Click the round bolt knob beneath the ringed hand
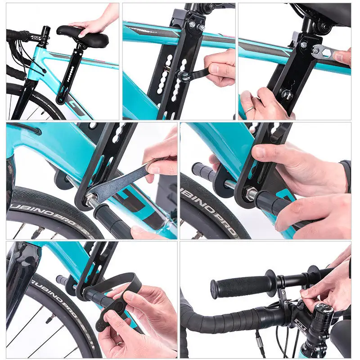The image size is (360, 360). (x=284, y=95)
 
